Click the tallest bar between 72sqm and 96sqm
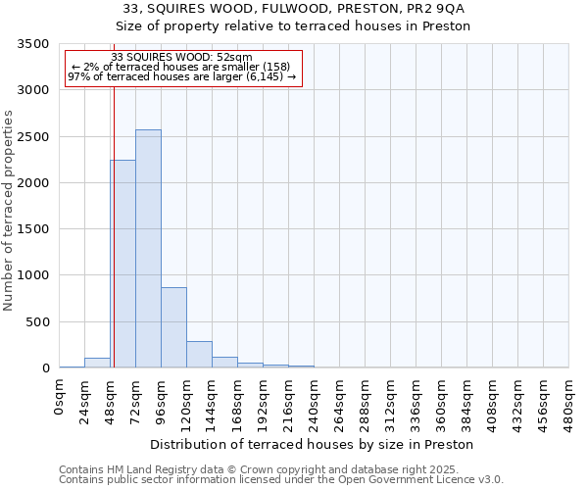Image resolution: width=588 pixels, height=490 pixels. pos(148,249)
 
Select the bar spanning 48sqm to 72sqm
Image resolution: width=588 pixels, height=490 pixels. pos(122,265)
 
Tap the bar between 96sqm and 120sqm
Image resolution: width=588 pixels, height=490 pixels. pos(173,327)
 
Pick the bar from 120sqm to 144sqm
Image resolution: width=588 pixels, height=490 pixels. pos(199,355)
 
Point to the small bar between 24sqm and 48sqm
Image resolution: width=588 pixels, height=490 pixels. pos(97,363)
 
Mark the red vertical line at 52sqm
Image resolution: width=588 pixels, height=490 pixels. pos(114,225)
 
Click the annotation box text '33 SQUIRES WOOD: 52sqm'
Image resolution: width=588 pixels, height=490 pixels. pos(182,58)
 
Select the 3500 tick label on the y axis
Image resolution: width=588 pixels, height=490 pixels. pos(32,45)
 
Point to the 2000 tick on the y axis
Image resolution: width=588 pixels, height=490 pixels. pos(32,183)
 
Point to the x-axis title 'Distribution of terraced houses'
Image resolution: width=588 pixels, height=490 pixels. pos(314,445)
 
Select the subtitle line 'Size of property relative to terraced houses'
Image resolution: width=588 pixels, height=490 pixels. pos(292,25)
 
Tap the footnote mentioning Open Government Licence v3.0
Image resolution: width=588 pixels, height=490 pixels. pos(281,480)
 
